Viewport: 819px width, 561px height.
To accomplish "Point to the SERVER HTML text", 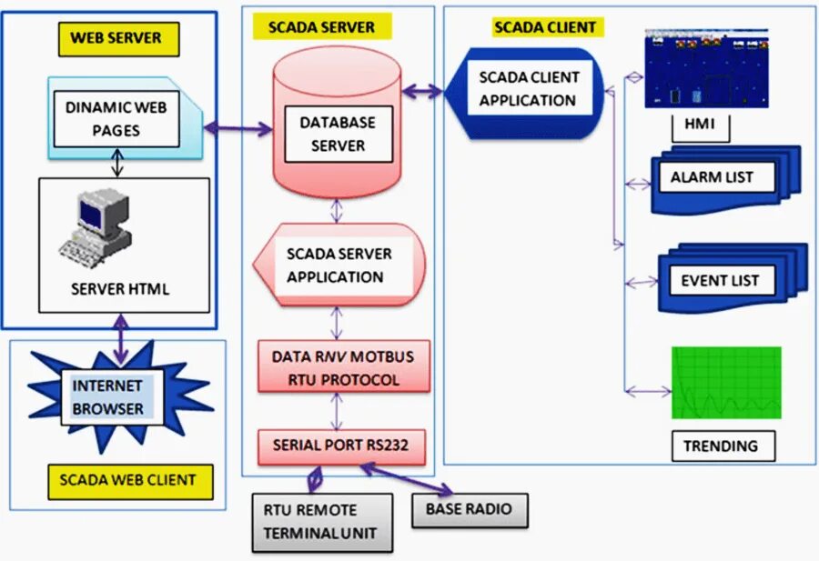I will [x=120, y=290].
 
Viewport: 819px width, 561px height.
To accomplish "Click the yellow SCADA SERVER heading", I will [x=321, y=26].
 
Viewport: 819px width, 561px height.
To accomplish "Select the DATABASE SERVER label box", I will [x=337, y=134].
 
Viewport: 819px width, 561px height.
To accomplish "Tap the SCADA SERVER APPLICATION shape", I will [x=339, y=265].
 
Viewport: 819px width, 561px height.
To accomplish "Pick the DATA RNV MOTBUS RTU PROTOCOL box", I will [x=343, y=367].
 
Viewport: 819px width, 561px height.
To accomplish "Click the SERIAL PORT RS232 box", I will [x=343, y=446].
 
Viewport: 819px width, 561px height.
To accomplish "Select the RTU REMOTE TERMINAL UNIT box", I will [x=322, y=522].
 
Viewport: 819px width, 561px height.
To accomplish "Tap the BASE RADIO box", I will [x=469, y=509].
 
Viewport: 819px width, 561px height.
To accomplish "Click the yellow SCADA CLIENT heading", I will [x=544, y=27].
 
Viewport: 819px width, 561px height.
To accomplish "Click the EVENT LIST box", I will [x=719, y=280].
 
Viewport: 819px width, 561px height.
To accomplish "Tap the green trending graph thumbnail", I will [x=726, y=383].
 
